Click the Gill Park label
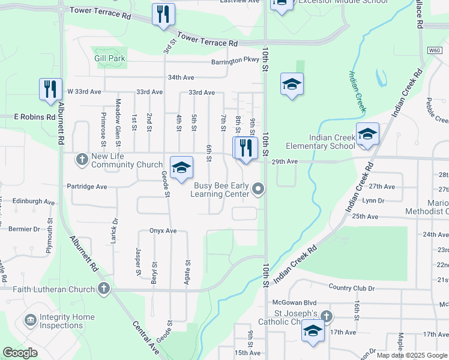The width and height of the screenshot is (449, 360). [x=110, y=59]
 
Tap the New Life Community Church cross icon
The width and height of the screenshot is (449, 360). [x=82, y=159]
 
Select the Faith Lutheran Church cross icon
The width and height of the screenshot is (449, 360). [x=104, y=289]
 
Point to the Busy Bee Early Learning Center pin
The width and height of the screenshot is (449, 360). [x=259, y=189]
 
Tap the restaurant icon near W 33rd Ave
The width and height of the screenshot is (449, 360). [x=50, y=89]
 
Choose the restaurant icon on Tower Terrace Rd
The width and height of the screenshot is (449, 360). [x=163, y=14]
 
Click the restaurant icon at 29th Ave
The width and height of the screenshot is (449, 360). [x=246, y=148]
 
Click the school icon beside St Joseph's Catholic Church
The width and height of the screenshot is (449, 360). [x=313, y=331]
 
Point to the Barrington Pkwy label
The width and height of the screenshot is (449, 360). [x=235, y=60]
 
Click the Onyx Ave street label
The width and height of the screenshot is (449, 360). [x=163, y=231]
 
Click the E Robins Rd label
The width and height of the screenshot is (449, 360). [x=34, y=117]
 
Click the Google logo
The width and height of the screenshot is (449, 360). [x=20, y=353]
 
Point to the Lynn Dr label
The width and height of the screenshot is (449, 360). [x=373, y=201]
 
